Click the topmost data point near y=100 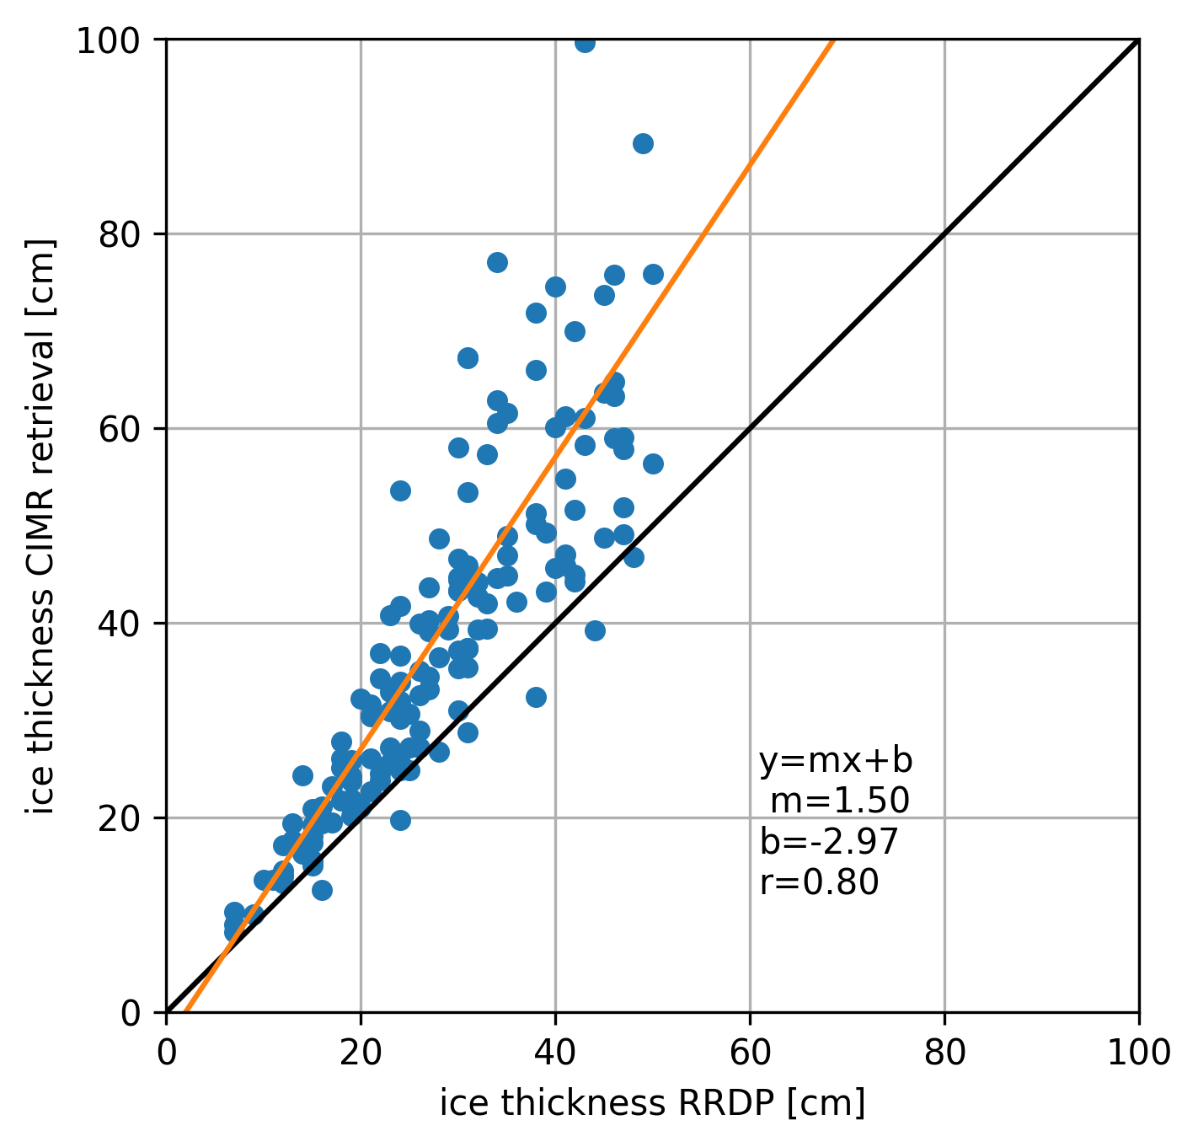[x=585, y=42]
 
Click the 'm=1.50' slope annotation [x=839, y=801]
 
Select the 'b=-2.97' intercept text [x=829, y=842]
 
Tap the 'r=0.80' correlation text [x=819, y=882]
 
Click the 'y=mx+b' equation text [x=836, y=761]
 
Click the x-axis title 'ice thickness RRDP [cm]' [x=652, y=1104]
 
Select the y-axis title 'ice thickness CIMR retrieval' [x=40, y=526]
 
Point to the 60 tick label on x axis [x=750, y=1053]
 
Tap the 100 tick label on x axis [x=1138, y=1053]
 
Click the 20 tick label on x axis [x=361, y=1053]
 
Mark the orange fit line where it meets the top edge [x=833, y=40]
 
